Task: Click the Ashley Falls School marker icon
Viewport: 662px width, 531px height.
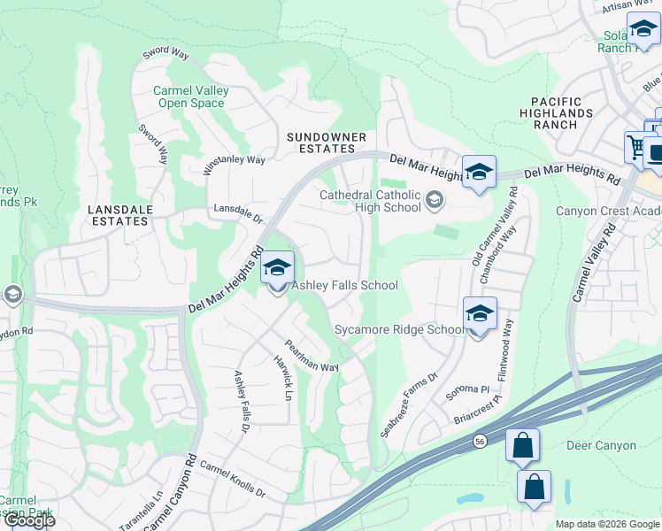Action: pos(278,269)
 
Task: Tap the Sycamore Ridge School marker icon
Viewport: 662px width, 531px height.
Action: pos(479,314)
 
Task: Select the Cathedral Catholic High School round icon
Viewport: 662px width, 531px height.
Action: pos(434,200)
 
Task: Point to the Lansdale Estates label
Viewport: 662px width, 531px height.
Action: pos(119,215)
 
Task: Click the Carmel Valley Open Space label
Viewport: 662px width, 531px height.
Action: pos(190,96)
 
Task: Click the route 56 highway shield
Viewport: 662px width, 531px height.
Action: pos(479,439)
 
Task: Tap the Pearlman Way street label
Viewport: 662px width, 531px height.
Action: pos(311,355)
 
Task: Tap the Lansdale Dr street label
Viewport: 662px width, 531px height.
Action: pos(239,213)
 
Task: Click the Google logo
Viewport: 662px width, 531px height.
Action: pos(29,520)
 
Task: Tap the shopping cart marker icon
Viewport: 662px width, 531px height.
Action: pos(636,146)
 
